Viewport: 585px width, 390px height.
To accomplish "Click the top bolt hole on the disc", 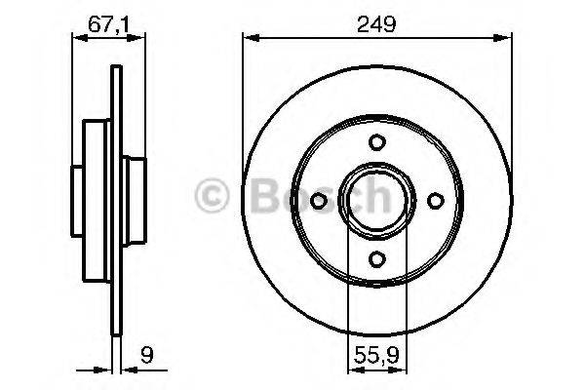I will (376, 142).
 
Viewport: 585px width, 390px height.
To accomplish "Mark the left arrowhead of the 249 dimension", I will (248, 38).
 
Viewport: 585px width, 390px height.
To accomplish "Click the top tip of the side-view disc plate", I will (118, 67).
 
